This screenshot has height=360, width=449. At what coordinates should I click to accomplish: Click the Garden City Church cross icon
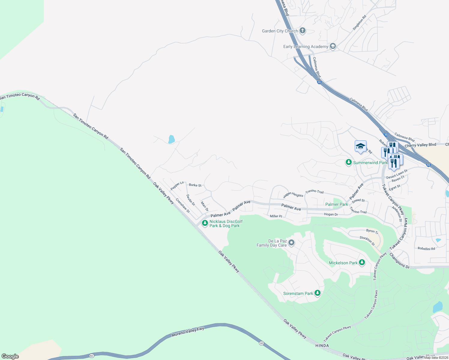click(303, 31)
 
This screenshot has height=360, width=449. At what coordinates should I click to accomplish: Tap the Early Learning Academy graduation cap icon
click(333, 46)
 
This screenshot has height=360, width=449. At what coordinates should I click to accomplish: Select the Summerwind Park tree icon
click(348, 162)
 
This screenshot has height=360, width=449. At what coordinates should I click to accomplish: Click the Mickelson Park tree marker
click(362, 262)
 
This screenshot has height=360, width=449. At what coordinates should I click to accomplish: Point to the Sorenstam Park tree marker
click(318, 293)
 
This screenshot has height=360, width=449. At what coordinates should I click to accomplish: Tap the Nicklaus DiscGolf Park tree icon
click(205, 223)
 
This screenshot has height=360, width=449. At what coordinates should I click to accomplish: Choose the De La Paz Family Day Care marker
click(291, 243)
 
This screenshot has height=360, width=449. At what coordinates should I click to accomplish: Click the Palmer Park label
click(337, 204)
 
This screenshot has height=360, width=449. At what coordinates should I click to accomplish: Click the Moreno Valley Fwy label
click(188, 331)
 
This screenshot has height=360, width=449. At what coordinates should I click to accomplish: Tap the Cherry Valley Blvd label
click(420, 145)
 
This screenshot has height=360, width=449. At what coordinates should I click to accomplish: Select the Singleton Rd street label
click(359, 23)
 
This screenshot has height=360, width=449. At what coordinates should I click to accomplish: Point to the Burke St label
click(195, 185)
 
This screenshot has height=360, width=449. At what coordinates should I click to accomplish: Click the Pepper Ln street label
click(177, 186)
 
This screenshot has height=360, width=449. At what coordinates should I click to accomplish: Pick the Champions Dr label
click(399, 260)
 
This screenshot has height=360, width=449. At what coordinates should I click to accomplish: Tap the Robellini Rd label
click(426, 248)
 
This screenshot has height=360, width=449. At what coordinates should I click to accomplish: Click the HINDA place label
click(322, 346)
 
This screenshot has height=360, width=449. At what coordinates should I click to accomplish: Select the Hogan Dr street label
click(331, 214)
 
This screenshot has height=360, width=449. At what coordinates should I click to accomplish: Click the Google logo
click(10, 356)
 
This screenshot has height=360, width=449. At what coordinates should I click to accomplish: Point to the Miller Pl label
click(276, 216)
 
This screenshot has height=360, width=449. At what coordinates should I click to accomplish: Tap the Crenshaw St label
click(183, 205)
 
